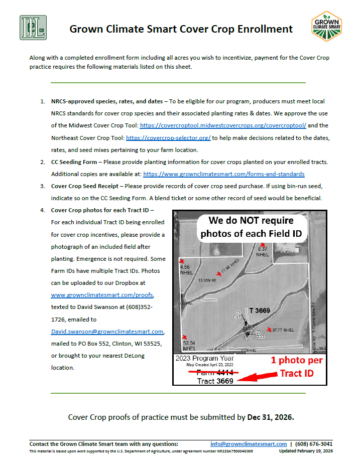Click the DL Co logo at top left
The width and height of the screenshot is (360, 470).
[x=33, y=28]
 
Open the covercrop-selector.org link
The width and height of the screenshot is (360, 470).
[x=168, y=137]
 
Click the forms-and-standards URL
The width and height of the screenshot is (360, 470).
[x=224, y=174]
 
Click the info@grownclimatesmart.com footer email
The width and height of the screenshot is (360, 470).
[x=249, y=444]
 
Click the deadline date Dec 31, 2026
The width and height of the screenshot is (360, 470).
[x=271, y=417]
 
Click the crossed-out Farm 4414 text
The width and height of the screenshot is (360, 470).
[x=214, y=372]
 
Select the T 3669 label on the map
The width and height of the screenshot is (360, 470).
[x=259, y=310]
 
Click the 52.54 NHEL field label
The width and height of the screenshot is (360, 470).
[x=189, y=346]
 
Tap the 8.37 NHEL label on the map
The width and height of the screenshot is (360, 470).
[x=263, y=251]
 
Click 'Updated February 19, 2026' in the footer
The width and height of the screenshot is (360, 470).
[x=306, y=451]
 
